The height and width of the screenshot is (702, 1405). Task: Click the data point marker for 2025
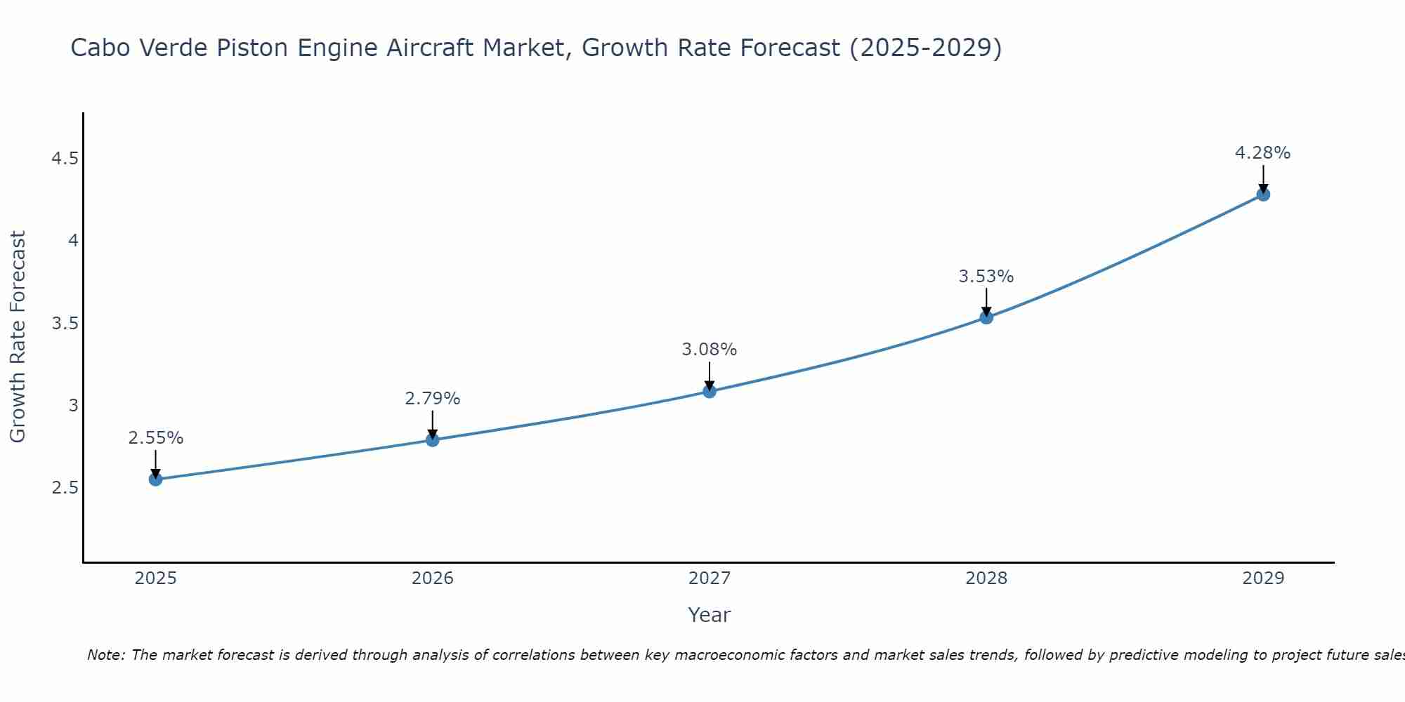[x=155, y=479]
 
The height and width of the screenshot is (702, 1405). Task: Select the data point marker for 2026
[x=433, y=440]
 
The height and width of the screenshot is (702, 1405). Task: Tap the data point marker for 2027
[x=710, y=391]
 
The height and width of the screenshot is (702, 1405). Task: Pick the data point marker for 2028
[x=986, y=317]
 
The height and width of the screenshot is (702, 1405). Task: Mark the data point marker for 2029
[x=1263, y=194]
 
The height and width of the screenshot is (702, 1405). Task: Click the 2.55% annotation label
[x=155, y=438]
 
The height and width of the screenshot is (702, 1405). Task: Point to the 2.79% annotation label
[x=433, y=399]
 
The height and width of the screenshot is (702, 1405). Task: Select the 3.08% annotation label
[x=710, y=350]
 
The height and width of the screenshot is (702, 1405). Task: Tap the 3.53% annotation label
[x=986, y=277]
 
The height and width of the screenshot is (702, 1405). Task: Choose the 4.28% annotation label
[x=1263, y=153]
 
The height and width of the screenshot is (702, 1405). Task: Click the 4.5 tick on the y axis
[x=65, y=159]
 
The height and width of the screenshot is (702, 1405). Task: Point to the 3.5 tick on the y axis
[x=65, y=324]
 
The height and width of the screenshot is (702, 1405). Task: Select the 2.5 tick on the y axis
[x=65, y=488]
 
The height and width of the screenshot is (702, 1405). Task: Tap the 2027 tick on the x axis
[x=710, y=578]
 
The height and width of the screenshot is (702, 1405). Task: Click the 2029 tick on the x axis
[x=1263, y=578]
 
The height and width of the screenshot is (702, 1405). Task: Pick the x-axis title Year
[x=710, y=615]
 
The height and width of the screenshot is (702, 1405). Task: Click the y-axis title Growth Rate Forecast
[x=18, y=337]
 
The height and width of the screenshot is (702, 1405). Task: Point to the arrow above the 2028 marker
[x=986, y=303]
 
